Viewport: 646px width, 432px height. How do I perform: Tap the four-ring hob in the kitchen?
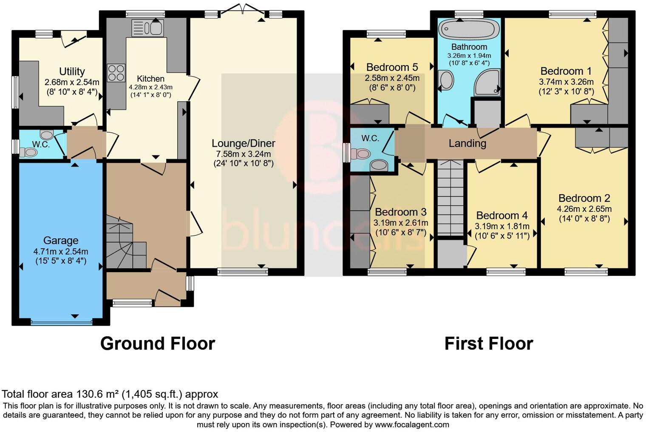coord(116,73)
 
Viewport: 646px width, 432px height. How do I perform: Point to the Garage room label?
coord(61,241)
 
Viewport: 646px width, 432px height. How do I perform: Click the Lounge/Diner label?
coord(243,143)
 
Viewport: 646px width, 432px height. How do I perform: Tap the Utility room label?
coord(72,71)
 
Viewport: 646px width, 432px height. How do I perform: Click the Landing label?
coord(467,143)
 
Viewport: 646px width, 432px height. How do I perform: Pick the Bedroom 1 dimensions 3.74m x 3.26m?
coord(566,82)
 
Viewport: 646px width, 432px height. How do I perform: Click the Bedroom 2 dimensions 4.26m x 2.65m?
coord(584,209)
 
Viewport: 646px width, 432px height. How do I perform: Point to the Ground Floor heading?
coord(158,343)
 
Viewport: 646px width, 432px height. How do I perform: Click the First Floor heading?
coord(488,343)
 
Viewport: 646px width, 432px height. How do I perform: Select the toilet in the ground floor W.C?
coord(29,152)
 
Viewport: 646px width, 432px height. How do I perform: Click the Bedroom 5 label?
coord(392,67)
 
